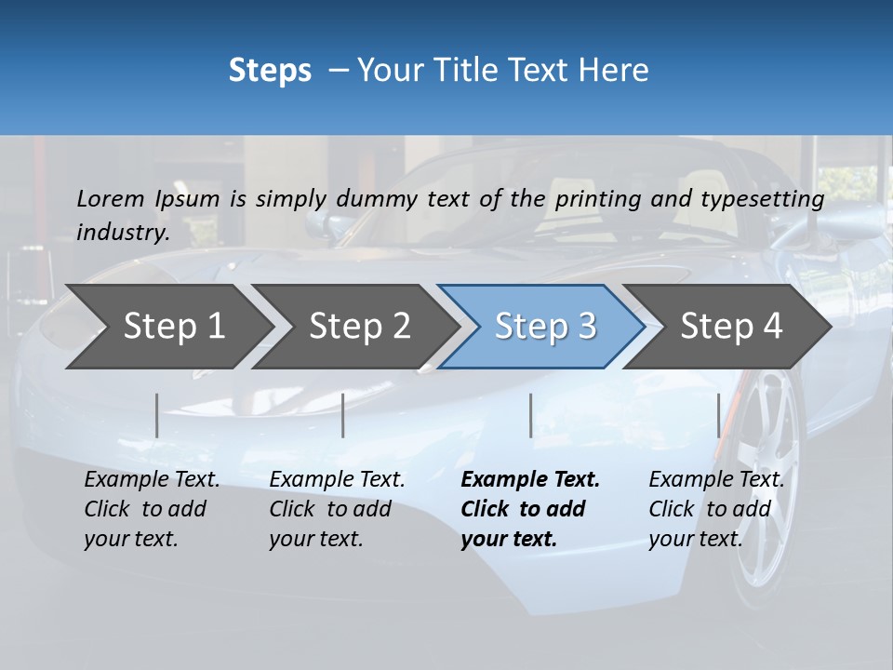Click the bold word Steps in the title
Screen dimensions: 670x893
[270, 71]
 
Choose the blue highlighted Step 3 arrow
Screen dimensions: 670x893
[545, 327]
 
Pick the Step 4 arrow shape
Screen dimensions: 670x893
[731, 327]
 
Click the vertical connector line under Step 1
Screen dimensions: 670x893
[157, 415]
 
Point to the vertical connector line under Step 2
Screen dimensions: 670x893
[343, 415]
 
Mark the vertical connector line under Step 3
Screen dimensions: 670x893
[530, 415]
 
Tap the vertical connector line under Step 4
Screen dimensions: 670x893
[718, 415]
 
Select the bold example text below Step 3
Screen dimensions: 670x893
[529, 509]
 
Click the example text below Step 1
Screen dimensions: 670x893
[152, 509]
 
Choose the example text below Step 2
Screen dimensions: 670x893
[337, 509]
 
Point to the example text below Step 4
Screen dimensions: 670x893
[715, 509]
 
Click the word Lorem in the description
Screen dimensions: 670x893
[111, 198]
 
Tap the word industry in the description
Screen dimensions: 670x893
[123, 233]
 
